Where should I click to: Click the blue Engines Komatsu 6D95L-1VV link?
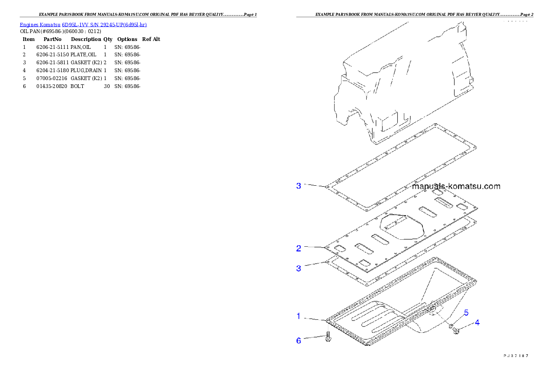(x=83, y=25)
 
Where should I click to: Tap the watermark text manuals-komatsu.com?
(x=456, y=186)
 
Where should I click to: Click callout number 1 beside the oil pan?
(x=299, y=317)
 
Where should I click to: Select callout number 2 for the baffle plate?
(x=299, y=248)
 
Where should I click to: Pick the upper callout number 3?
(x=299, y=186)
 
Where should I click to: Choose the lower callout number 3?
(x=299, y=268)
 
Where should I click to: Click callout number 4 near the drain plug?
(x=477, y=322)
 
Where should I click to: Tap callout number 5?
(x=466, y=312)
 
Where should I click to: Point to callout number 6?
(x=299, y=341)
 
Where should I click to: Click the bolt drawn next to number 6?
(x=328, y=337)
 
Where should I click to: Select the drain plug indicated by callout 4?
(x=456, y=331)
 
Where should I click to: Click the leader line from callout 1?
(x=315, y=318)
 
